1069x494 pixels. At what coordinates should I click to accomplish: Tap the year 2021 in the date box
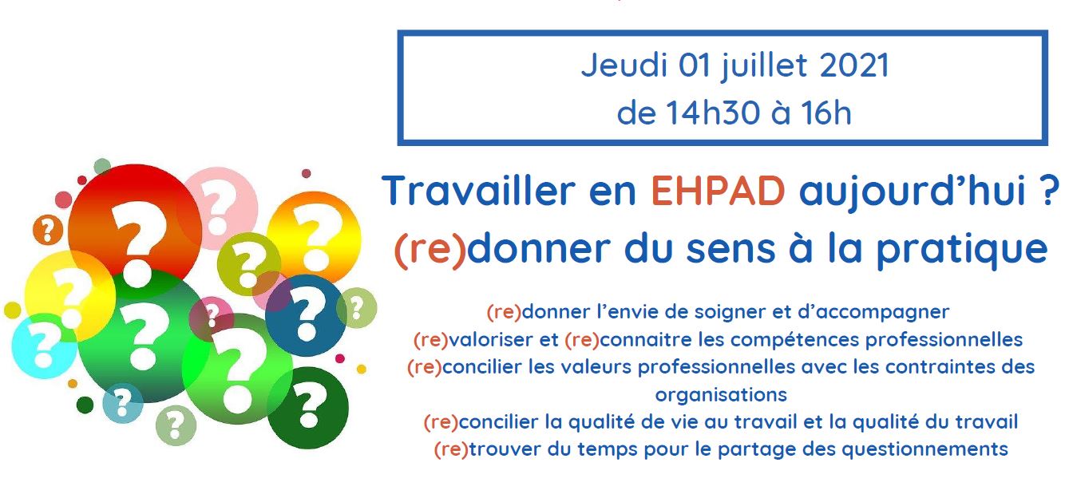pyautogui.click(x=854, y=65)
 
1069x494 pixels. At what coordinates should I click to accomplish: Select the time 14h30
pyautogui.click(x=712, y=113)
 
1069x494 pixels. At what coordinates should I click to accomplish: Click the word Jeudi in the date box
pyautogui.click(x=624, y=65)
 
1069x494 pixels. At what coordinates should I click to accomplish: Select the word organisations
pyautogui.click(x=721, y=395)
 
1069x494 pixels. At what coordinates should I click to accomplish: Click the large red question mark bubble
pyautogui.click(x=135, y=227)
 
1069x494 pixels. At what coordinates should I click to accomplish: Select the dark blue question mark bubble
pyautogui.click(x=306, y=315)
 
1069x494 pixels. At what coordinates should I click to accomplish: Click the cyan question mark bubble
pyautogui.click(x=43, y=346)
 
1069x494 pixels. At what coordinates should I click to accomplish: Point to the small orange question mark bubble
pyautogui.click(x=48, y=231)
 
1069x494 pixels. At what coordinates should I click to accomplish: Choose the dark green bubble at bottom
pyautogui.click(x=308, y=408)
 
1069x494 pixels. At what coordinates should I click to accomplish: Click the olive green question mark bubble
pyautogui.click(x=248, y=264)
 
